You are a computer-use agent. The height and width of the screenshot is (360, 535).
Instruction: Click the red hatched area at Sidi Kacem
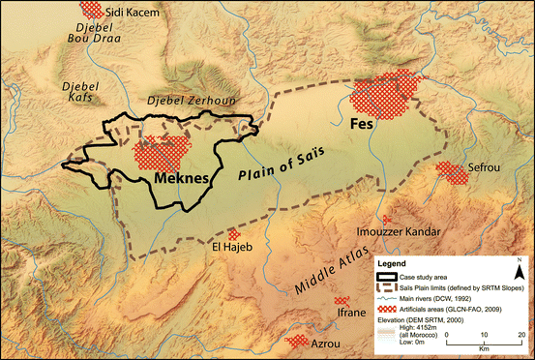(92, 10)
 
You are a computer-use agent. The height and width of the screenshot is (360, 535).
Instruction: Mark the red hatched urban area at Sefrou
(451, 173)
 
